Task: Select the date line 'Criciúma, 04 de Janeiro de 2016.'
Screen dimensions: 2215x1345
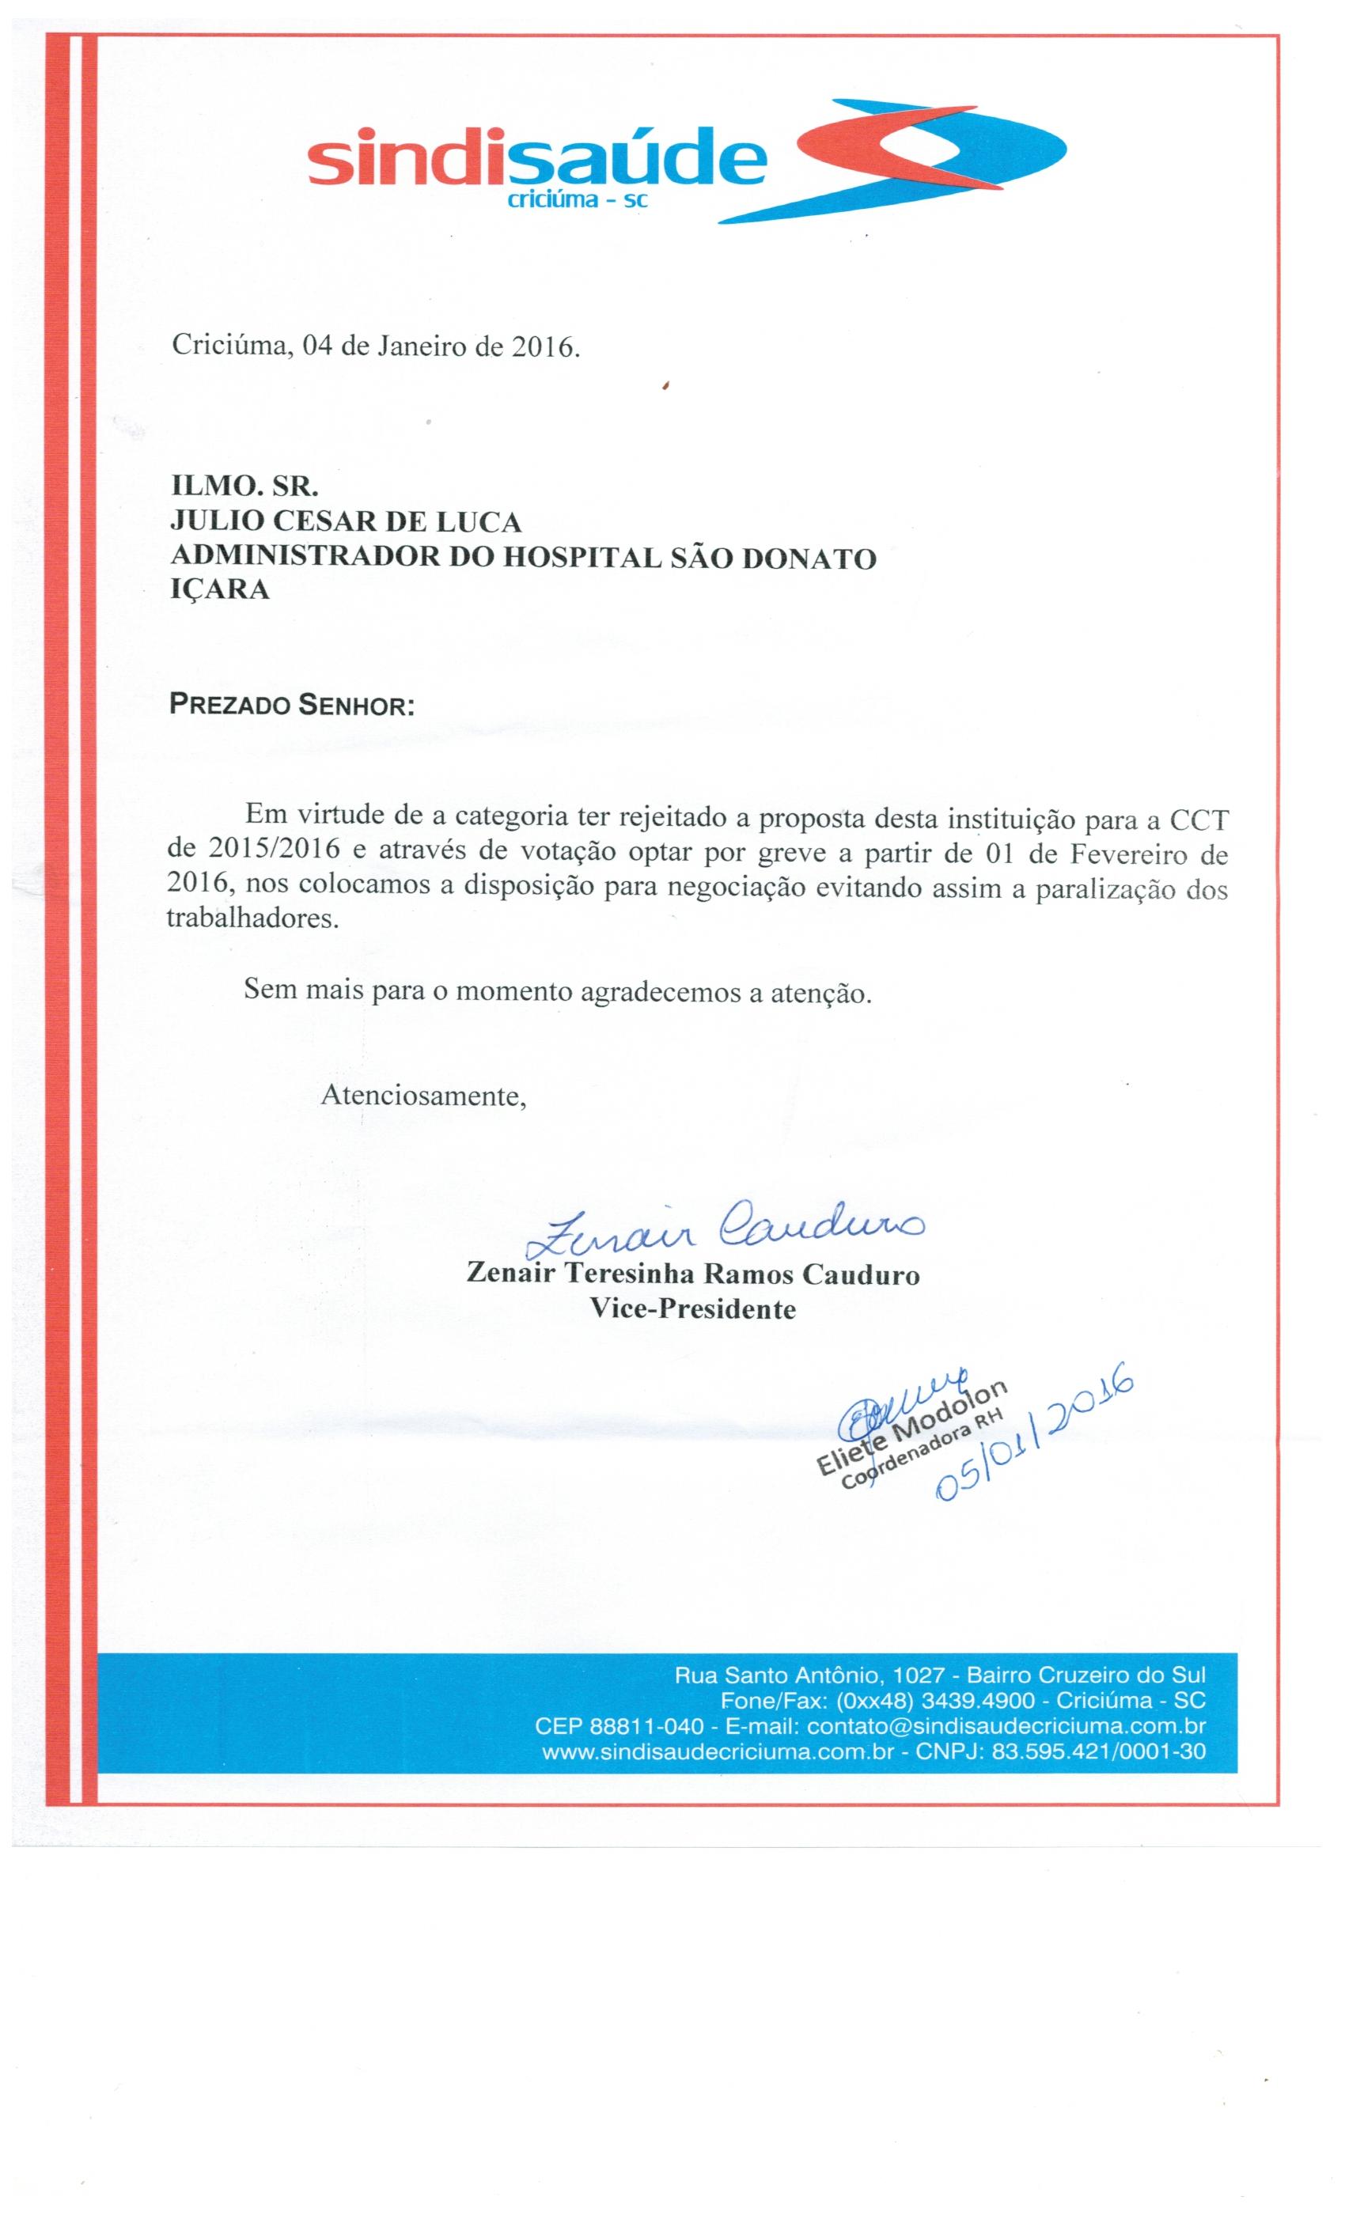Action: (376, 346)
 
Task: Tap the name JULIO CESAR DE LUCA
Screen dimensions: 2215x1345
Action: (347, 521)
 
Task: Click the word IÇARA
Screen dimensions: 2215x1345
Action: (219, 592)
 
